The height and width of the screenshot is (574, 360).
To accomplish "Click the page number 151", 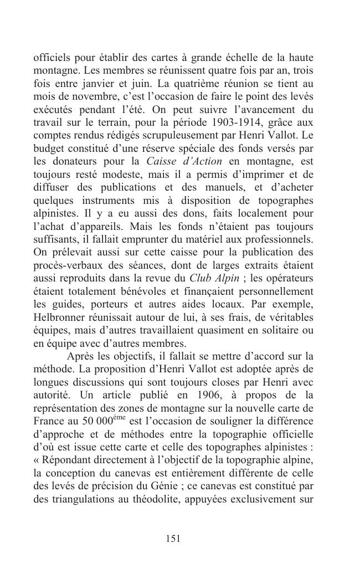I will [x=173, y=538].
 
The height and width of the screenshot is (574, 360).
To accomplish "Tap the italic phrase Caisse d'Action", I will [x=184, y=161].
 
